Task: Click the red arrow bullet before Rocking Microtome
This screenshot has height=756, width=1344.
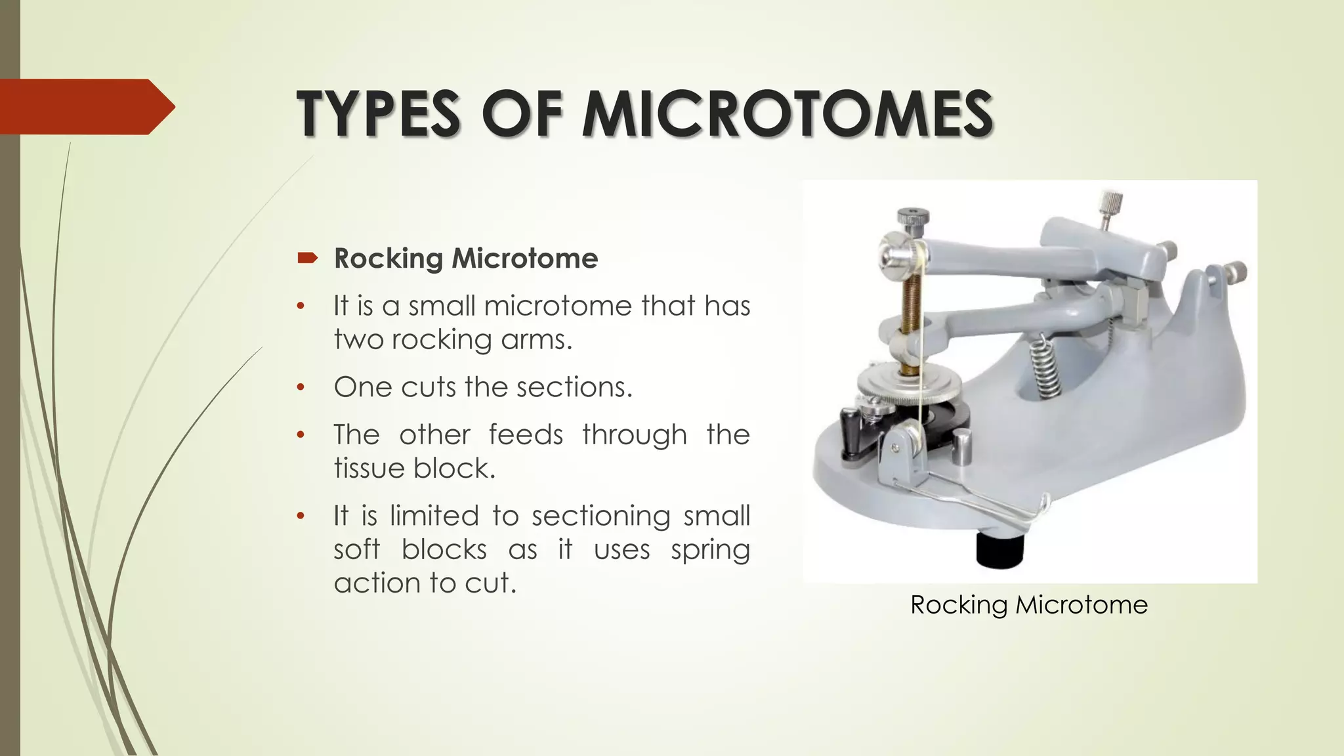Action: pyautogui.click(x=306, y=258)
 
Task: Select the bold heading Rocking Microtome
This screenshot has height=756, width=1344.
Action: pyautogui.click(x=466, y=259)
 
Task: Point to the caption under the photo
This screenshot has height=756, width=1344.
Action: pyautogui.click(x=1028, y=604)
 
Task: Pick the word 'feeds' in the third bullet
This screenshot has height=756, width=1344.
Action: pyautogui.click(x=526, y=434)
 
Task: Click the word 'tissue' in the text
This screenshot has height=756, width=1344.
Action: pyautogui.click(x=369, y=469)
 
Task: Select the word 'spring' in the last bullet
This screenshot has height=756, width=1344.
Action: pyautogui.click(x=710, y=550)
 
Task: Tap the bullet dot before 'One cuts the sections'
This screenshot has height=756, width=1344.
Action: pyautogui.click(x=301, y=387)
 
